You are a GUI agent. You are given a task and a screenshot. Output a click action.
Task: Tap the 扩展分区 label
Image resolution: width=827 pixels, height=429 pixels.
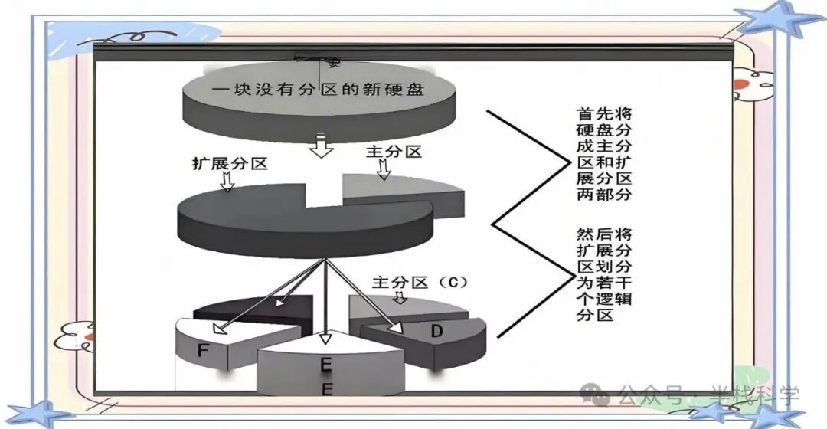click(x=230, y=164)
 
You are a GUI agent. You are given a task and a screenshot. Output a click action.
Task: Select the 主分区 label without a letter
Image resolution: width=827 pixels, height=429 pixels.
click(x=394, y=152)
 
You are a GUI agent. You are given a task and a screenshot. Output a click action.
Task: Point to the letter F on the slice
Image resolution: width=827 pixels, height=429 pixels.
click(x=203, y=351)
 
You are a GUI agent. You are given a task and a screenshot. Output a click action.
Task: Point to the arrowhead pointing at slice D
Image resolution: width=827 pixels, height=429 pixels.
click(x=396, y=327)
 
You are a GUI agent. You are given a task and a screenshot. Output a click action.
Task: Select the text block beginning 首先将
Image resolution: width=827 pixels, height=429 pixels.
click(x=604, y=152)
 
